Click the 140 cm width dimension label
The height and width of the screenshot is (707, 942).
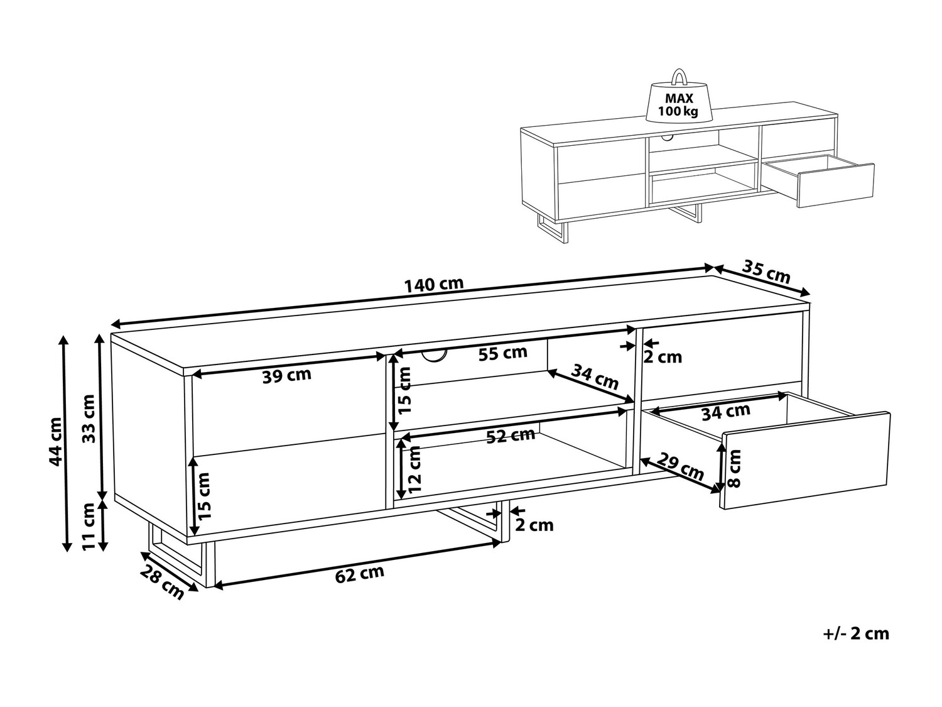[434, 284]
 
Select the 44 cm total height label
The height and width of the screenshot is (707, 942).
[55, 441]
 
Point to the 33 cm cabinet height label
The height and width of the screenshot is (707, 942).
[88, 419]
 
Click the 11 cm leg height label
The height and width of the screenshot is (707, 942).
[88, 526]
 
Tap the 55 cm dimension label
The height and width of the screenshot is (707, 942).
[502, 353]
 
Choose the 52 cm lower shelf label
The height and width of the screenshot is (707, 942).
[511, 436]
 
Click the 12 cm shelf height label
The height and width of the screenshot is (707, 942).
[414, 469]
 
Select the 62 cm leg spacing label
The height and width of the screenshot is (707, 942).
[360, 574]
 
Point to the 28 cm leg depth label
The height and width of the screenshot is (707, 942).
[163, 582]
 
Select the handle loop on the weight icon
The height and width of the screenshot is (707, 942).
[679, 77]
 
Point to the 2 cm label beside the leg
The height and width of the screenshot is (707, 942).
[534, 525]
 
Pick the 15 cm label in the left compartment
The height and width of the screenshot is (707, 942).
[205, 496]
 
